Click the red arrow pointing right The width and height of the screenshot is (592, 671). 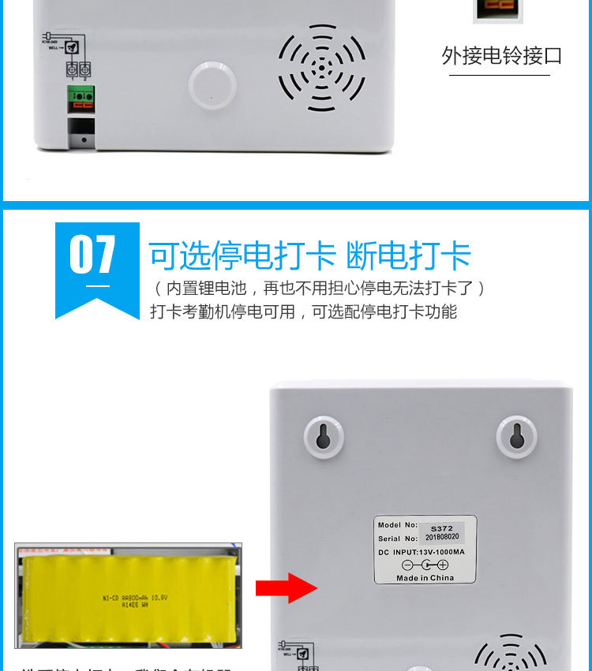(x=286, y=588)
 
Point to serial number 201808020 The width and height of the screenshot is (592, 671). (x=441, y=538)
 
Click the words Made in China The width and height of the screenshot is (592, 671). (x=425, y=578)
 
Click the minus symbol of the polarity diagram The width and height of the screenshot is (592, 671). (x=407, y=565)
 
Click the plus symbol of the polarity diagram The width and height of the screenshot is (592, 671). (x=442, y=565)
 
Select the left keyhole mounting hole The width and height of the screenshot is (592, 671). (x=323, y=436)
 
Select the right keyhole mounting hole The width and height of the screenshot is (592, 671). (x=516, y=436)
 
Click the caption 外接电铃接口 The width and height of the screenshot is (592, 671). (x=501, y=56)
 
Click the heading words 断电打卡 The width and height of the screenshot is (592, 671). (x=408, y=255)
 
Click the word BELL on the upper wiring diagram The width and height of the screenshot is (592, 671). (x=54, y=48)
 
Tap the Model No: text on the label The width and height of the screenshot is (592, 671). (x=398, y=525)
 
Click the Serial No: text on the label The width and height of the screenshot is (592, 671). (x=399, y=539)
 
